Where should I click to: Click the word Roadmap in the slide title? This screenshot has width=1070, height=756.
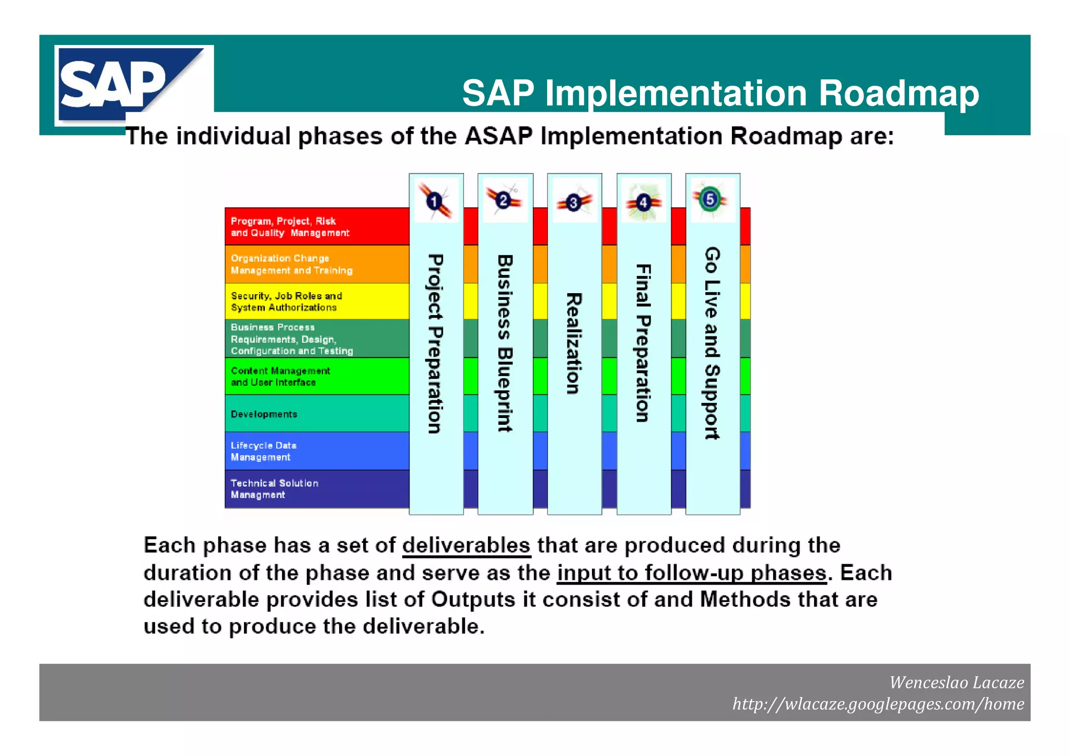pyautogui.click(x=898, y=94)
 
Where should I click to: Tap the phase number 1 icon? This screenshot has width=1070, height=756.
pyautogui.click(x=435, y=201)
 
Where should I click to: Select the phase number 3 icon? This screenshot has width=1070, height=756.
pyautogui.click(x=574, y=202)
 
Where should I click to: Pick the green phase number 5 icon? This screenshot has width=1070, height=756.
pyautogui.click(x=710, y=199)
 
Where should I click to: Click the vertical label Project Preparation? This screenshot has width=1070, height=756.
pyautogui.click(x=435, y=344)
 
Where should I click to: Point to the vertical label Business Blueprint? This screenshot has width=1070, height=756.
pyautogui.click(x=505, y=343)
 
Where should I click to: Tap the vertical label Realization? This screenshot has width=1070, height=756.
pyautogui.click(x=574, y=343)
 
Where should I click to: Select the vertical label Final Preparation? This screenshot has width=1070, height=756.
pyautogui.click(x=643, y=343)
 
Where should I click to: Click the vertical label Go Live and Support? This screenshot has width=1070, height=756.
pyautogui.click(x=712, y=343)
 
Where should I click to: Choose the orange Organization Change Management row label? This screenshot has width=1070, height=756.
pyautogui.click(x=292, y=264)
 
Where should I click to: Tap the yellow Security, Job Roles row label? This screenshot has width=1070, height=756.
pyautogui.click(x=286, y=301)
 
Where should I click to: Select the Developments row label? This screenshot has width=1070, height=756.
pyautogui.click(x=264, y=414)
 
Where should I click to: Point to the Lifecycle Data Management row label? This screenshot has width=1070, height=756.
pyautogui.click(x=263, y=451)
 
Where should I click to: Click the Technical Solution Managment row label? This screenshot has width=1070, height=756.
pyautogui.click(x=274, y=489)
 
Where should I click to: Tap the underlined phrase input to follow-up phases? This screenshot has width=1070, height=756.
pyautogui.click(x=692, y=573)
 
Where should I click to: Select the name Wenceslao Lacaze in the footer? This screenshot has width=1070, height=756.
pyautogui.click(x=956, y=682)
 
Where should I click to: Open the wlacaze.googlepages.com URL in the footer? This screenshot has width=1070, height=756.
pyautogui.click(x=878, y=704)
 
